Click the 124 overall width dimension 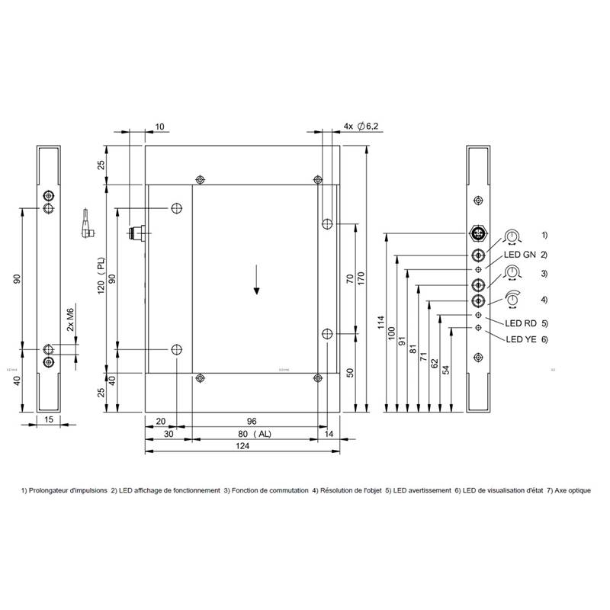(242, 445)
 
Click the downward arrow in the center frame (257, 279)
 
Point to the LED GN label (521, 254)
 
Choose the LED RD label (521, 323)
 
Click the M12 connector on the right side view (478, 234)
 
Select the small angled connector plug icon (88, 222)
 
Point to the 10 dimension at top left (159, 126)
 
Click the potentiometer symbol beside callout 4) (512, 299)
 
